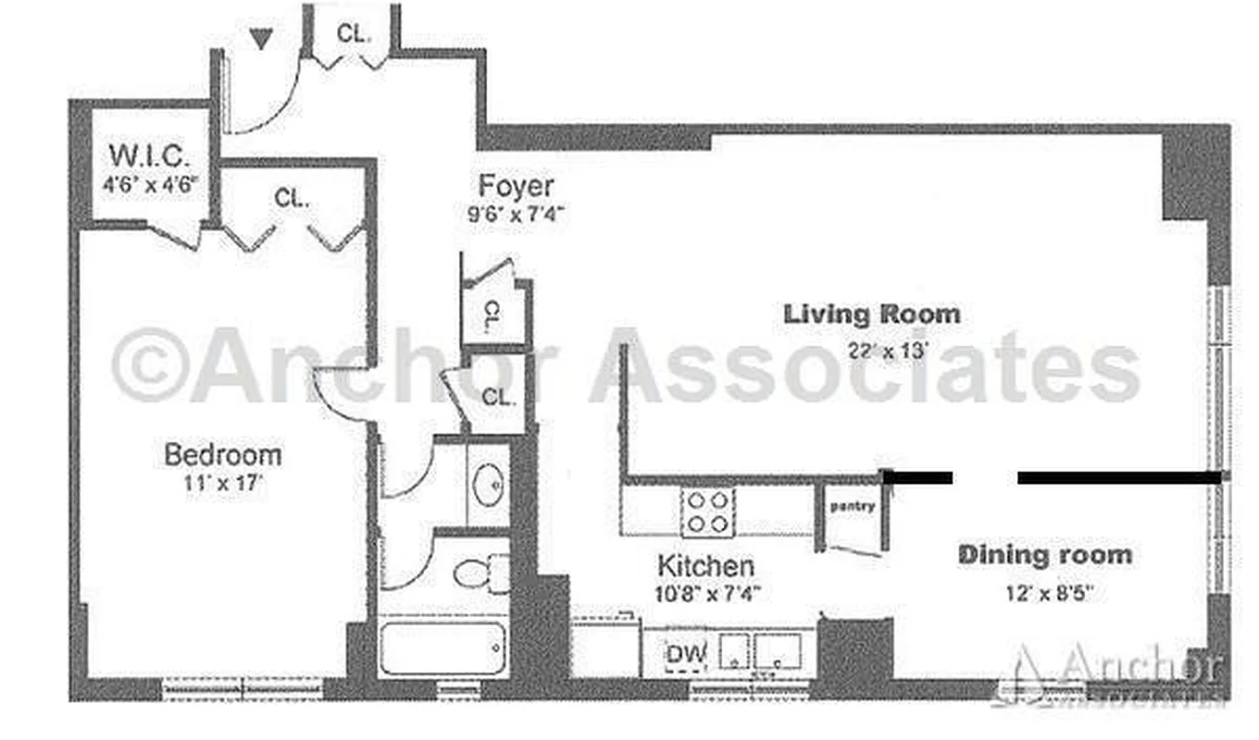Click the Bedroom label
pos(222,455)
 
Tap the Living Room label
pos(872,314)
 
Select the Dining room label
pos(1044,555)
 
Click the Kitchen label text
pos(705,565)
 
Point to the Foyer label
pos(517,186)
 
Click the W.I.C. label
pos(149,154)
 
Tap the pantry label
pos(852,506)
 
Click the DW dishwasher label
pos(686,653)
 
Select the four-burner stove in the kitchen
pos(708,512)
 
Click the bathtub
pos(443,648)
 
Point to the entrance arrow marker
pos(262,39)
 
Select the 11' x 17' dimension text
pos(222,485)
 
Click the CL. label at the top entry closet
pos(354,34)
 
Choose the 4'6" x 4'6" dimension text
pos(150,183)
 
